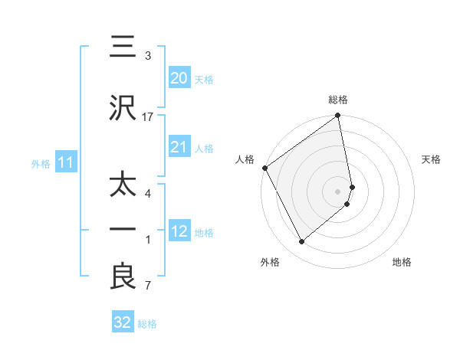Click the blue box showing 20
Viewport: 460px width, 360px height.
[179, 77]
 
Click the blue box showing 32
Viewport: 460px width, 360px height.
[123, 322]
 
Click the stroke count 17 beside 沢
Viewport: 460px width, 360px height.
[148, 117]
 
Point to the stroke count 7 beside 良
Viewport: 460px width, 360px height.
[148, 286]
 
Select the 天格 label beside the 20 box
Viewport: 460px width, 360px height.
[204, 79]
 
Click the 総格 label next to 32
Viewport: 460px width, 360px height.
[147, 324]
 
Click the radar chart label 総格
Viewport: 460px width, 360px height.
[338, 100]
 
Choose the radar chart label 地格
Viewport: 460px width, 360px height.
[402, 262]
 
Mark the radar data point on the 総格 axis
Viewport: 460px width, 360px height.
[338, 116]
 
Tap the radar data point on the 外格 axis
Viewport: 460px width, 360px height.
[301, 241]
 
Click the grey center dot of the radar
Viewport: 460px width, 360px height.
[338, 190]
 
